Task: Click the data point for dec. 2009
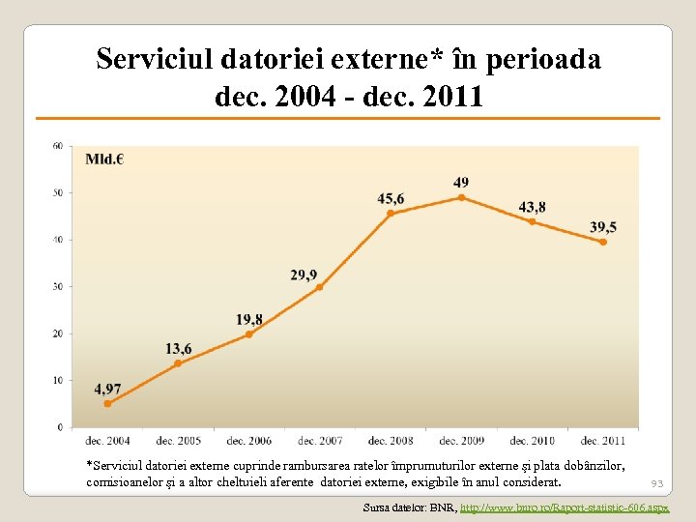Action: [x=461, y=197]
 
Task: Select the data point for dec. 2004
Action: [x=107, y=403]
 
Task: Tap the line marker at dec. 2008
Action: [x=391, y=213]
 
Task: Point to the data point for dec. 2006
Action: [x=248, y=334]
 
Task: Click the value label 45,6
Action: [x=391, y=198]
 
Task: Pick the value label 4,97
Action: [x=107, y=389]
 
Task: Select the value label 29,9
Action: [x=304, y=275]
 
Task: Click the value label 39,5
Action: [x=602, y=227]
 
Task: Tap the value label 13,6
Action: [x=178, y=348]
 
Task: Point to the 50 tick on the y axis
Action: [x=57, y=193]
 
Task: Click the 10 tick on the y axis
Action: [x=57, y=380]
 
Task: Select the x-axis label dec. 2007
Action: [x=320, y=441]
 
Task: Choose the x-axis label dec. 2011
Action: [x=603, y=441]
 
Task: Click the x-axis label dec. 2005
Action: [x=178, y=441]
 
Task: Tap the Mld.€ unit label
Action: [x=104, y=159]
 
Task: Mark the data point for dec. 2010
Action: [x=532, y=221]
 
